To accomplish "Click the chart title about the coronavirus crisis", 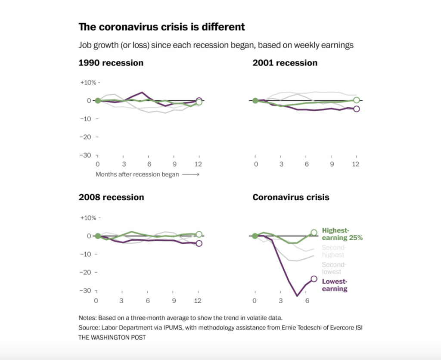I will (161, 27).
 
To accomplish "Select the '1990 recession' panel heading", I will (111, 63).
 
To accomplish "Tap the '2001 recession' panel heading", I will (285, 63).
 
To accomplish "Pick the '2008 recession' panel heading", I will (111, 197).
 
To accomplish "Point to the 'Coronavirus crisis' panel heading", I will (291, 197).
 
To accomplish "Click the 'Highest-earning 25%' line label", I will (342, 234).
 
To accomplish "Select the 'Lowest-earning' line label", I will (335, 285).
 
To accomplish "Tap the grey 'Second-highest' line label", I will (334, 251).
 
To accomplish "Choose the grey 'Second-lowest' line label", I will (334, 268).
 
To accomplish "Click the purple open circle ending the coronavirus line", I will (314, 279).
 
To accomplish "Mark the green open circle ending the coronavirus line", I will (314, 233).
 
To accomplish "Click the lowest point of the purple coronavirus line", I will (297, 296).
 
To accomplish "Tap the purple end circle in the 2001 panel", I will (356, 109).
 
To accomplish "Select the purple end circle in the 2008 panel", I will (199, 243).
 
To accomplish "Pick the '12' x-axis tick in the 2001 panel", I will (356, 164).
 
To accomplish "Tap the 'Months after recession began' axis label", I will (137, 175).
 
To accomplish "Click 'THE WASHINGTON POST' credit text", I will (112, 338).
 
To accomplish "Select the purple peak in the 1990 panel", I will (142, 92).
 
